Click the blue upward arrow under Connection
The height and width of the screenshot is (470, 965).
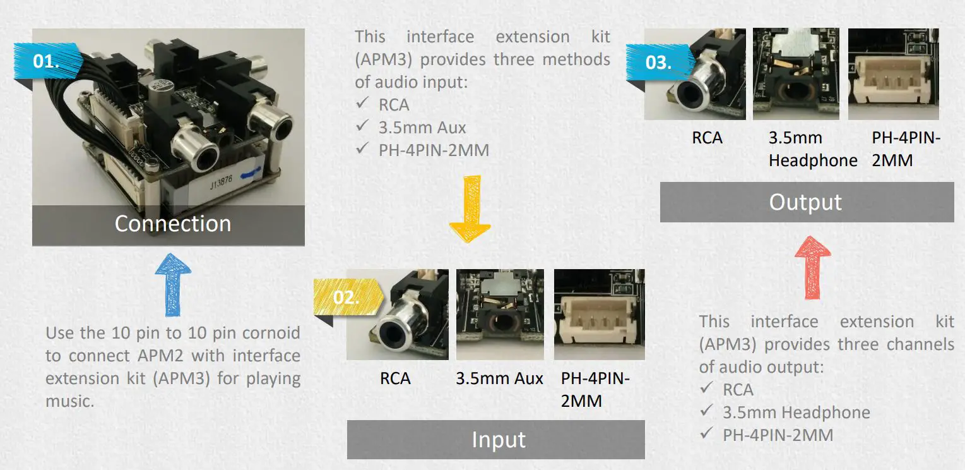tap(172, 284)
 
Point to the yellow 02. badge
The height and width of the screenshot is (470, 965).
tap(346, 296)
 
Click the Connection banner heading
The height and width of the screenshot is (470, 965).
tap(172, 224)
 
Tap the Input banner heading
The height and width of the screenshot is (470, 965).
tap(498, 439)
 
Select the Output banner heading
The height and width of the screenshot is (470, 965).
tap(805, 202)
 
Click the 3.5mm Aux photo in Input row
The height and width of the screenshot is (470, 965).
tap(500, 314)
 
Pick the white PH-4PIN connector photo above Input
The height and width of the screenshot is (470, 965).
tap(599, 314)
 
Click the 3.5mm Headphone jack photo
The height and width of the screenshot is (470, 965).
tap(795, 74)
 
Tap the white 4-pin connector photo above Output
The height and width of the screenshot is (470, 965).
tap(893, 74)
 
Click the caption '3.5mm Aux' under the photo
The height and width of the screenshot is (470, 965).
tap(499, 378)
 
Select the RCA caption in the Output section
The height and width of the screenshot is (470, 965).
tap(707, 138)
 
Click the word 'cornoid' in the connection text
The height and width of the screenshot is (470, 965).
tap(267, 333)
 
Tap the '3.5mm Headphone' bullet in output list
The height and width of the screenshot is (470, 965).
tap(796, 413)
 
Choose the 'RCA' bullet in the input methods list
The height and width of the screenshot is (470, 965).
tap(394, 104)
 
